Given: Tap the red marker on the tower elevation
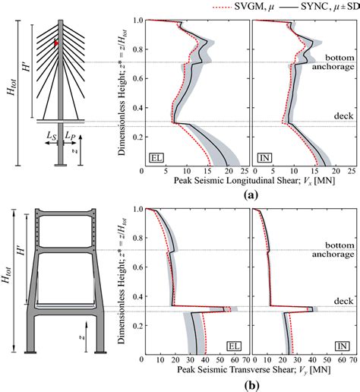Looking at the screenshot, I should pyautogui.click(x=55, y=43).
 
